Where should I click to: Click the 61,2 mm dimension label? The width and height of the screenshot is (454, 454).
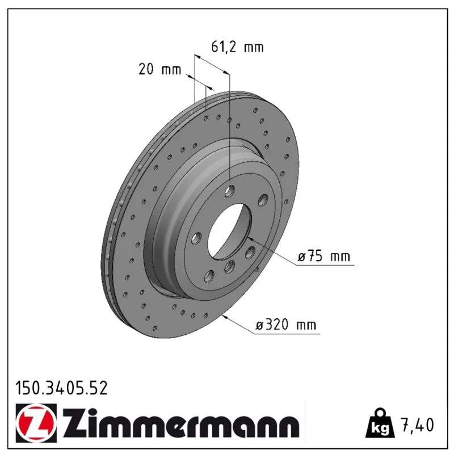(x=237, y=47)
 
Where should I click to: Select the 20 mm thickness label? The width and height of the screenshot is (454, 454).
(x=159, y=69)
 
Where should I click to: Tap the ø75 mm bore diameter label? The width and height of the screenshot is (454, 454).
(x=323, y=256)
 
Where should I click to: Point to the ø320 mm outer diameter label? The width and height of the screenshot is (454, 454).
(x=286, y=325)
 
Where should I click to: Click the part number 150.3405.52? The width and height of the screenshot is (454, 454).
(x=61, y=388)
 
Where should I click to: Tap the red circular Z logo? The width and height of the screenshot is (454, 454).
(x=36, y=423)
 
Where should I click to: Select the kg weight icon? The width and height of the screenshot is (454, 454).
(x=380, y=423)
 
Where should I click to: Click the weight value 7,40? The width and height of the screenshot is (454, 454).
(x=417, y=424)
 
